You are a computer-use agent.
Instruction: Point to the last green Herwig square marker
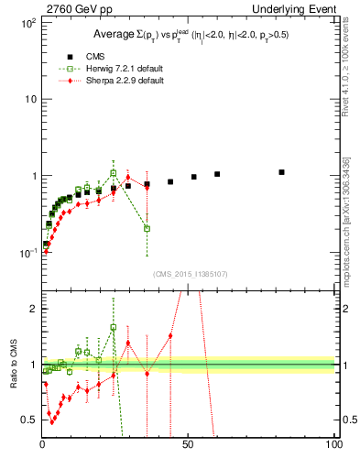pos(147,228)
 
